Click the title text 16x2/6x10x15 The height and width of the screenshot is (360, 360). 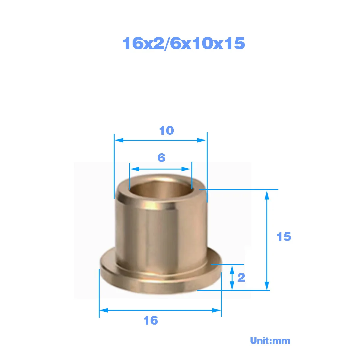pyautogui.click(x=184, y=43)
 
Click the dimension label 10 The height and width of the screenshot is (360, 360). pyautogui.click(x=166, y=130)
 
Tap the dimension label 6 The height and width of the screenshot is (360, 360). pyautogui.click(x=161, y=158)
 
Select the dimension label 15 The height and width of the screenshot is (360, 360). pyautogui.click(x=284, y=237)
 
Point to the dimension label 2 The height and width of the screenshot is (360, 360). pyautogui.click(x=241, y=277)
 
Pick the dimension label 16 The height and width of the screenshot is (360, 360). pyautogui.click(x=151, y=320)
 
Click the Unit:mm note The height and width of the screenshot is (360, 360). pyautogui.click(x=270, y=341)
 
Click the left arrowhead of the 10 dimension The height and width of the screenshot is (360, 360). pyautogui.click(x=119, y=140)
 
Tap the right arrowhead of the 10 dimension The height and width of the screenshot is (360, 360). pyautogui.click(x=202, y=140)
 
